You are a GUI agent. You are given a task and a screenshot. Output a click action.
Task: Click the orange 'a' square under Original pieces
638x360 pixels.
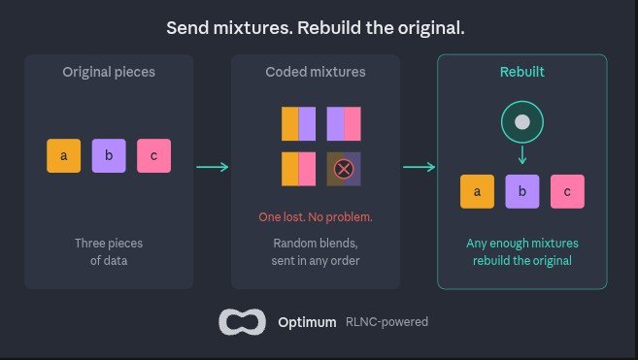[x=63, y=156]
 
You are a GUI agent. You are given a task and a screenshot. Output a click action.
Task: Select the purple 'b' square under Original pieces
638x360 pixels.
[x=109, y=156]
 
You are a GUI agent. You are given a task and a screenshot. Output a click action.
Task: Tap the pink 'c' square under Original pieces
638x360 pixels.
[x=153, y=156]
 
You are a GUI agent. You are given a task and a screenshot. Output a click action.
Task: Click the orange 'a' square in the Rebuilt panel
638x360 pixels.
[x=477, y=191]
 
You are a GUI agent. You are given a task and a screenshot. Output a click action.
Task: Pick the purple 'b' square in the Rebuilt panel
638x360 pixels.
[x=522, y=191]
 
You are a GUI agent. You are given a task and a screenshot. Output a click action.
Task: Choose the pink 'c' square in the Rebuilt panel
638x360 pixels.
[x=567, y=191]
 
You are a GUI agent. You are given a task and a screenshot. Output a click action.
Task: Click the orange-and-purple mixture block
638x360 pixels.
[x=299, y=123]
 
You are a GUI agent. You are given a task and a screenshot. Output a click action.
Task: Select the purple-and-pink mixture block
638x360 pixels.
[x=344, y=123]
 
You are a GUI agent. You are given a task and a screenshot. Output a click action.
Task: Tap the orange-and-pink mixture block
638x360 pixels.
[x=299, y=169]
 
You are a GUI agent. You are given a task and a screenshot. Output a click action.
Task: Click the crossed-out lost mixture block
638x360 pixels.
[x=344, y=169]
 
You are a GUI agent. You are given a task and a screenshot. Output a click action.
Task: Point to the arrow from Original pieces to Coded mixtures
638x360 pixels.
[x=213, y=167]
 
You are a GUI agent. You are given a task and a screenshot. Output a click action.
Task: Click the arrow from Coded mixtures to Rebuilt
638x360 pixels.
[x=420, y=167]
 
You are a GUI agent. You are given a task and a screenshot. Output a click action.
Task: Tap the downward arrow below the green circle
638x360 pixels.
[x=522, y=154]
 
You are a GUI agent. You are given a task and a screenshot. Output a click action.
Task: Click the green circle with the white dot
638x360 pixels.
[x=522, y=122]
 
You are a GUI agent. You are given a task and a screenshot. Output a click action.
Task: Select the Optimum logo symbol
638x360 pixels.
[x=243, y=322]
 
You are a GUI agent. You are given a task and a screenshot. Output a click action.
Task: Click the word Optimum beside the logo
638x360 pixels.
[x=307, y=322]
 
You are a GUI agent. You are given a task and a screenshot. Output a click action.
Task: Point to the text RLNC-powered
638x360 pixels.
[x=386, y=322]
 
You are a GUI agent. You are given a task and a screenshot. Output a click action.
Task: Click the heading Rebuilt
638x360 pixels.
[x=522, y=72]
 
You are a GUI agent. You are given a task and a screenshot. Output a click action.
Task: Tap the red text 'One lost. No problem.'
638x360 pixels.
[x=316, y=216]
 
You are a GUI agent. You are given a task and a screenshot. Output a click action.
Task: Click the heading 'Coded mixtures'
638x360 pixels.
[x=316, y=72]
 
